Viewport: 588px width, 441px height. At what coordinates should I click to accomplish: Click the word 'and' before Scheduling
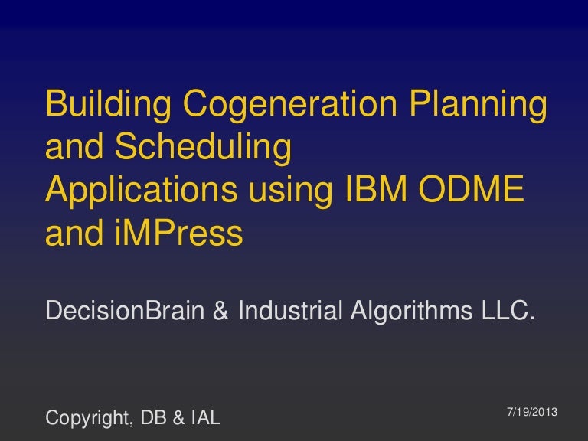[70, 149]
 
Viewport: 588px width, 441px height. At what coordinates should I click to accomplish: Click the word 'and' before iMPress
[70, 234]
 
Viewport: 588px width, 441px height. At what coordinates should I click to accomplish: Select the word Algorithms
[414, 311]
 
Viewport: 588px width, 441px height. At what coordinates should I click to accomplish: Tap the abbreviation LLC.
[503, 311]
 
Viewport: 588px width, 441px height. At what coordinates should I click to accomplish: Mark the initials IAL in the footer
[204, 418]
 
